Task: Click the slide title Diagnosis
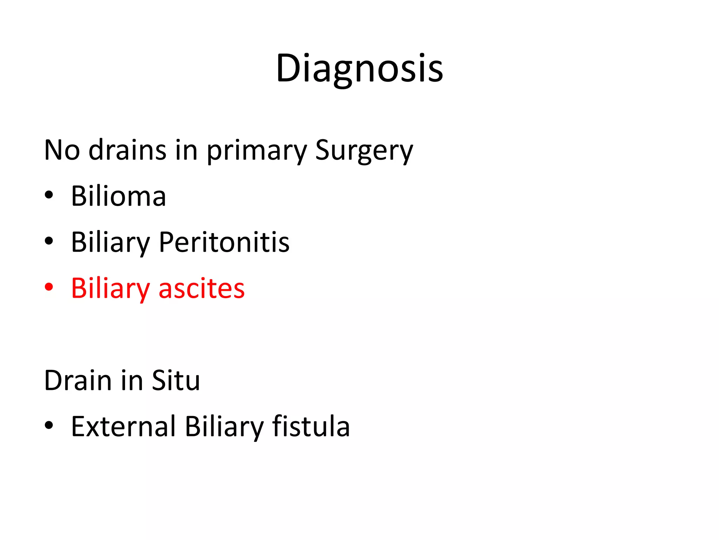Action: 359,69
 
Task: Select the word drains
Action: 127,150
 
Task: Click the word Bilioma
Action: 118,196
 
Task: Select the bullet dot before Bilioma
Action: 49,195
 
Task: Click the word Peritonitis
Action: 224,242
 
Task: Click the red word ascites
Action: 202,289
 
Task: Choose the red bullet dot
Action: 49,287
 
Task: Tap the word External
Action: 123,427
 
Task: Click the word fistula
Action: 311,427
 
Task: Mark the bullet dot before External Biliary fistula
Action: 49,426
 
